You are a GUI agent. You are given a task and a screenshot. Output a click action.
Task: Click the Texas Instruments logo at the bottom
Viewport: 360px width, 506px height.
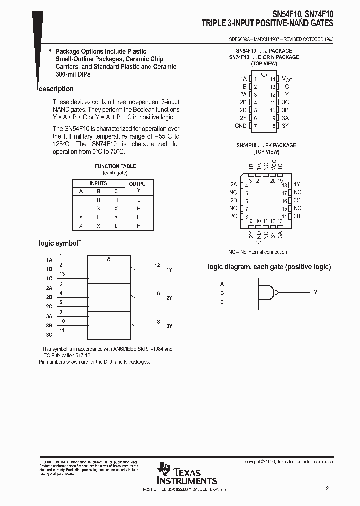pyautogui.click(x=187, y=473)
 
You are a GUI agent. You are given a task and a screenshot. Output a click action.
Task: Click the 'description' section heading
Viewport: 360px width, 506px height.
pyautogui.click(x=56, y=89)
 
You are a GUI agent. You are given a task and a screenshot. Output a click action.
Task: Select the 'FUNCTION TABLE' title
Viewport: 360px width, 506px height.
pyautogui.click(x=115, y=166)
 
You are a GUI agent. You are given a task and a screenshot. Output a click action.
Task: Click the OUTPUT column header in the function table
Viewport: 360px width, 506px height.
pyautogui.click(x=139, y=184)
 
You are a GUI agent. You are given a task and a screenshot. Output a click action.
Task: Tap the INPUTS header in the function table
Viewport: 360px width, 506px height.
pyautogui.click(x=98, y=184)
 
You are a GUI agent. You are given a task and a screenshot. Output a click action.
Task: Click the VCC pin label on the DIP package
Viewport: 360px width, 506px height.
pyautogui.click(x=287, y=79)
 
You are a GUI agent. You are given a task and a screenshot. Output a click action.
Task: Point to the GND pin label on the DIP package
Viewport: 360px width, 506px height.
pyautogui.click(x=241, y=126)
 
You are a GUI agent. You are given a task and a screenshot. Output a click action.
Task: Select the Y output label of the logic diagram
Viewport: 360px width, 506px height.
pyautogui.click(x=315, y=292)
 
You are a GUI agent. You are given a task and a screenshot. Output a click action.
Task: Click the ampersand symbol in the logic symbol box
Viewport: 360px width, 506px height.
pyautogui.click(x=108, y=259)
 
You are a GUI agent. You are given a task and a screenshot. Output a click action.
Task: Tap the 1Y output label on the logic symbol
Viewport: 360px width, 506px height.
pyautogui.click(x=169, y=269)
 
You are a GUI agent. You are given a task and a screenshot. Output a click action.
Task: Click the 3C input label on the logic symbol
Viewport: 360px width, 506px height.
pyautogui.click(x=49, y=334)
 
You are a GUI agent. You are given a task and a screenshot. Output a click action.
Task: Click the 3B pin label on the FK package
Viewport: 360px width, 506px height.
pyautogui.click(x=297, y=216)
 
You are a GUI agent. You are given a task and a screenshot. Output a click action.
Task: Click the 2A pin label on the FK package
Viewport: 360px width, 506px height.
pyautogui.click(x=233, y=184)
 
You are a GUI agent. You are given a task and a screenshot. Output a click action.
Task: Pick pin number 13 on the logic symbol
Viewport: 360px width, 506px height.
pyautogui.click(x=62, y=274)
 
